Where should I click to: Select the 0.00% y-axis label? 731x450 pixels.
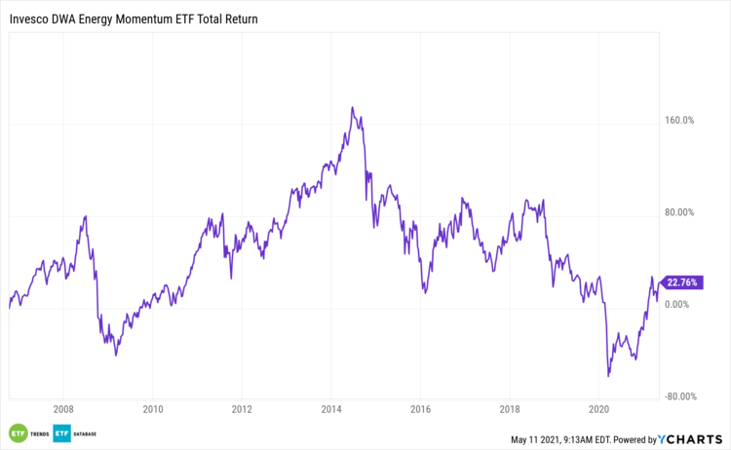(x=680, y=304)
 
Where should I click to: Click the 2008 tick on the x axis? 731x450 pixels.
(x=63, y=410)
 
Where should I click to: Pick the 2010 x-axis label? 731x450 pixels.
(x=153, y=410)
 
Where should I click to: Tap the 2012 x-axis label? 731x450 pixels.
(x=242, y=410)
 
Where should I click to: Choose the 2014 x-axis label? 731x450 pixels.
(x=331, y=410)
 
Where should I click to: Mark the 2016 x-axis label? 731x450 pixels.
(x=420, y=410)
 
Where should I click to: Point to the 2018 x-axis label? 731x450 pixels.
(x=510, y=410)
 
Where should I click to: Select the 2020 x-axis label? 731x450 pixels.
(x=599, y=410)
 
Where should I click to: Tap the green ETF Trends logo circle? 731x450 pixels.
(x=17, y=433)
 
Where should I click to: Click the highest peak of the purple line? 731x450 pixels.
(x=352, y=107)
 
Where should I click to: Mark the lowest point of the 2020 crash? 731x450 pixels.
(x=608, y=376)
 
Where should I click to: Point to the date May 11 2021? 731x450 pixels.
(x=538, y=440)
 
